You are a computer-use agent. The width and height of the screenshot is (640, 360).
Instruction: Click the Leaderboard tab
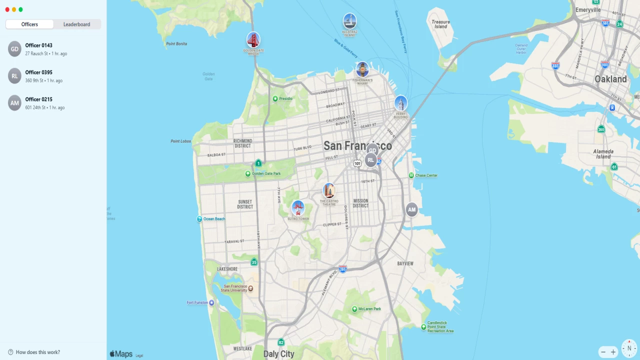tap(76, 24)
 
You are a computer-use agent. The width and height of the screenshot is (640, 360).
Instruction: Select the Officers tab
tap(29, 24)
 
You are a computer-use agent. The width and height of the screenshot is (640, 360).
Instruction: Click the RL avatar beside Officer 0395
tap(15, 76)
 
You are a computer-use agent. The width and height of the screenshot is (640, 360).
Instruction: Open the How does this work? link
tap(38, 352)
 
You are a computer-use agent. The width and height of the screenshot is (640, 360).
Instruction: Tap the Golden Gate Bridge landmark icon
tap(253, 39)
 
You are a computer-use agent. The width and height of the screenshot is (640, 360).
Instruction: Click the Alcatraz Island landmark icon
tap(350, 21)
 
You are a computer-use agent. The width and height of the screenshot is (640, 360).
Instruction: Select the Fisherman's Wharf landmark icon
tap(362, 69)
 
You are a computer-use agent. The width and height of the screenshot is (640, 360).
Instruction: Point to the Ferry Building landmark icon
tap(400, 103)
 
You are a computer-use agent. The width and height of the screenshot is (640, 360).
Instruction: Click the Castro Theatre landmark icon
tap(329, 190)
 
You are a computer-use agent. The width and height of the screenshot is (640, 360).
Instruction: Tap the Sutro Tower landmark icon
tap(298, 207)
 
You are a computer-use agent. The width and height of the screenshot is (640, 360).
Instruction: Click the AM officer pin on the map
tap(411, 209)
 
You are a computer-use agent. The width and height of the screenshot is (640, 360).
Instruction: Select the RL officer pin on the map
tap(370, 160)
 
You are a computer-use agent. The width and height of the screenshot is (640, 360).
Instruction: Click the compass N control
tap(629, 348)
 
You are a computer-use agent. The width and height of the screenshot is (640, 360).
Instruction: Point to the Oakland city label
tap(610, 79)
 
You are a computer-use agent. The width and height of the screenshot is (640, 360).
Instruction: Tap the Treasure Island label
tap(440, 24)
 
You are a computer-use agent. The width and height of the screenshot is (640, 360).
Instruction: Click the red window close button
tap(7, 9)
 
